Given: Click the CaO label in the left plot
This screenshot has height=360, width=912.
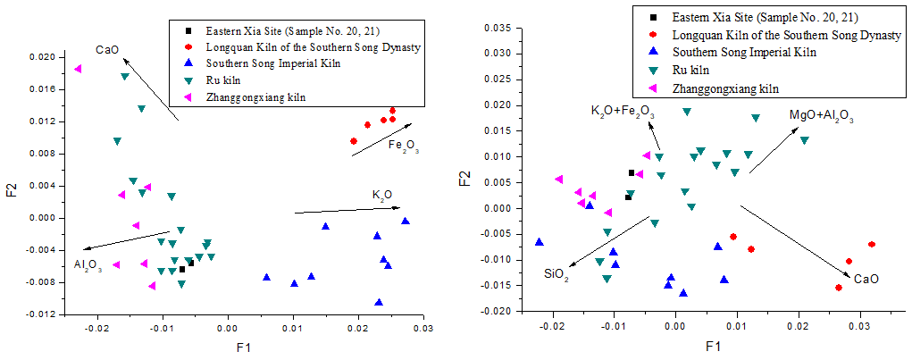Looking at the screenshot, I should pyautogui.click(x=108, y=50).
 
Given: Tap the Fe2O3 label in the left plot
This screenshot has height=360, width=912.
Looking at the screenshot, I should pyautogui.click(x=403, y=146).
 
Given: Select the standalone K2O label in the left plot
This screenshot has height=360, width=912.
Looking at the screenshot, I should pyautogui.click(x=382, y=195).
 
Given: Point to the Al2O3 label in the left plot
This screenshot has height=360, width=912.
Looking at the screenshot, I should pyautogui.click(x=88, y=264).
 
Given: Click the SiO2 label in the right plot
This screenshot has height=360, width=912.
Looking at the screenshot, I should pyautogui.click(x=556, y=273).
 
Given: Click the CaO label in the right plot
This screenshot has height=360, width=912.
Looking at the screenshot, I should pyautogui.click(x=866, y=280).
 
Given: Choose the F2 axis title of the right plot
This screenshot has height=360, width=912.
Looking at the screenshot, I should pyautogui.click(x=465, y=170).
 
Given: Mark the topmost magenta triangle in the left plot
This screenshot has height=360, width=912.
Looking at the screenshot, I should pyautogui.click(x=79, y=69).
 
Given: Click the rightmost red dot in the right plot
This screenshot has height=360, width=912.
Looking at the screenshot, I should pyautogui.click(x=872, y=244).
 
